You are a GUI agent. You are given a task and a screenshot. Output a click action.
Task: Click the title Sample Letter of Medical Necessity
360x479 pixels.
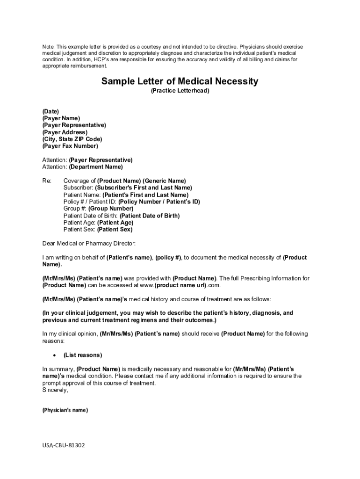click(x=180, y=82)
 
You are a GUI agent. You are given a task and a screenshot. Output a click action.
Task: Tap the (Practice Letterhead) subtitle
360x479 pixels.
click(x=180, y=91)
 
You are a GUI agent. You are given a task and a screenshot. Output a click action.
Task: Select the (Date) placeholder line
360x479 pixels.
click(x=50, y=111)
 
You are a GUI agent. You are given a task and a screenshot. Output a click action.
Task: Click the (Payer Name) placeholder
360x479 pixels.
click(x=61, y=118)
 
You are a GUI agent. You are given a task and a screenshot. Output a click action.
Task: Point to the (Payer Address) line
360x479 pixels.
click(x=65, y=132)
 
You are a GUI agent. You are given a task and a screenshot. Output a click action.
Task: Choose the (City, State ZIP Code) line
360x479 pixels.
click(x=72, y=139)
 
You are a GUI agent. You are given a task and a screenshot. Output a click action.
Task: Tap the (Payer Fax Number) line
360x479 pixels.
click(x=70, y=146)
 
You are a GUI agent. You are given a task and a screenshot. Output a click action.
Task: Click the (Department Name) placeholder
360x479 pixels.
click(x=96, y=167)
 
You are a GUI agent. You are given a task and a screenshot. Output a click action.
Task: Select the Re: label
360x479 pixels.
click(x=47, y=181)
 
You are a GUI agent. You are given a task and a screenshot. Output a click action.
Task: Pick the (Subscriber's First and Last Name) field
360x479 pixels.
click(x=143, y=188)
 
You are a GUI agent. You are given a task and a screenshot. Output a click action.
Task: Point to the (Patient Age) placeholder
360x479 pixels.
click(x=115, y=223)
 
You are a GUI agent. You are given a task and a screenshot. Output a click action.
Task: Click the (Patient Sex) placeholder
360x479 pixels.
click(x=115, y=230)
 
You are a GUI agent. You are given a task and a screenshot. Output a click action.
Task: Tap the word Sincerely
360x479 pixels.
click(x=55, y=390)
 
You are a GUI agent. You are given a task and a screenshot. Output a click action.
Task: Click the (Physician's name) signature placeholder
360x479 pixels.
click(x=65, y=410)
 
